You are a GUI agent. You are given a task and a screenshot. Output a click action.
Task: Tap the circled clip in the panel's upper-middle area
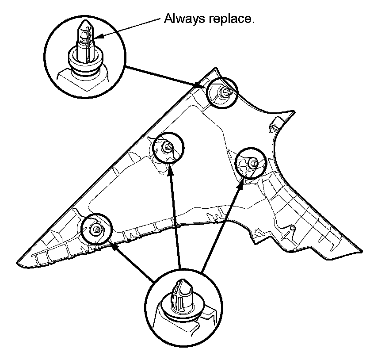point(168,147)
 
